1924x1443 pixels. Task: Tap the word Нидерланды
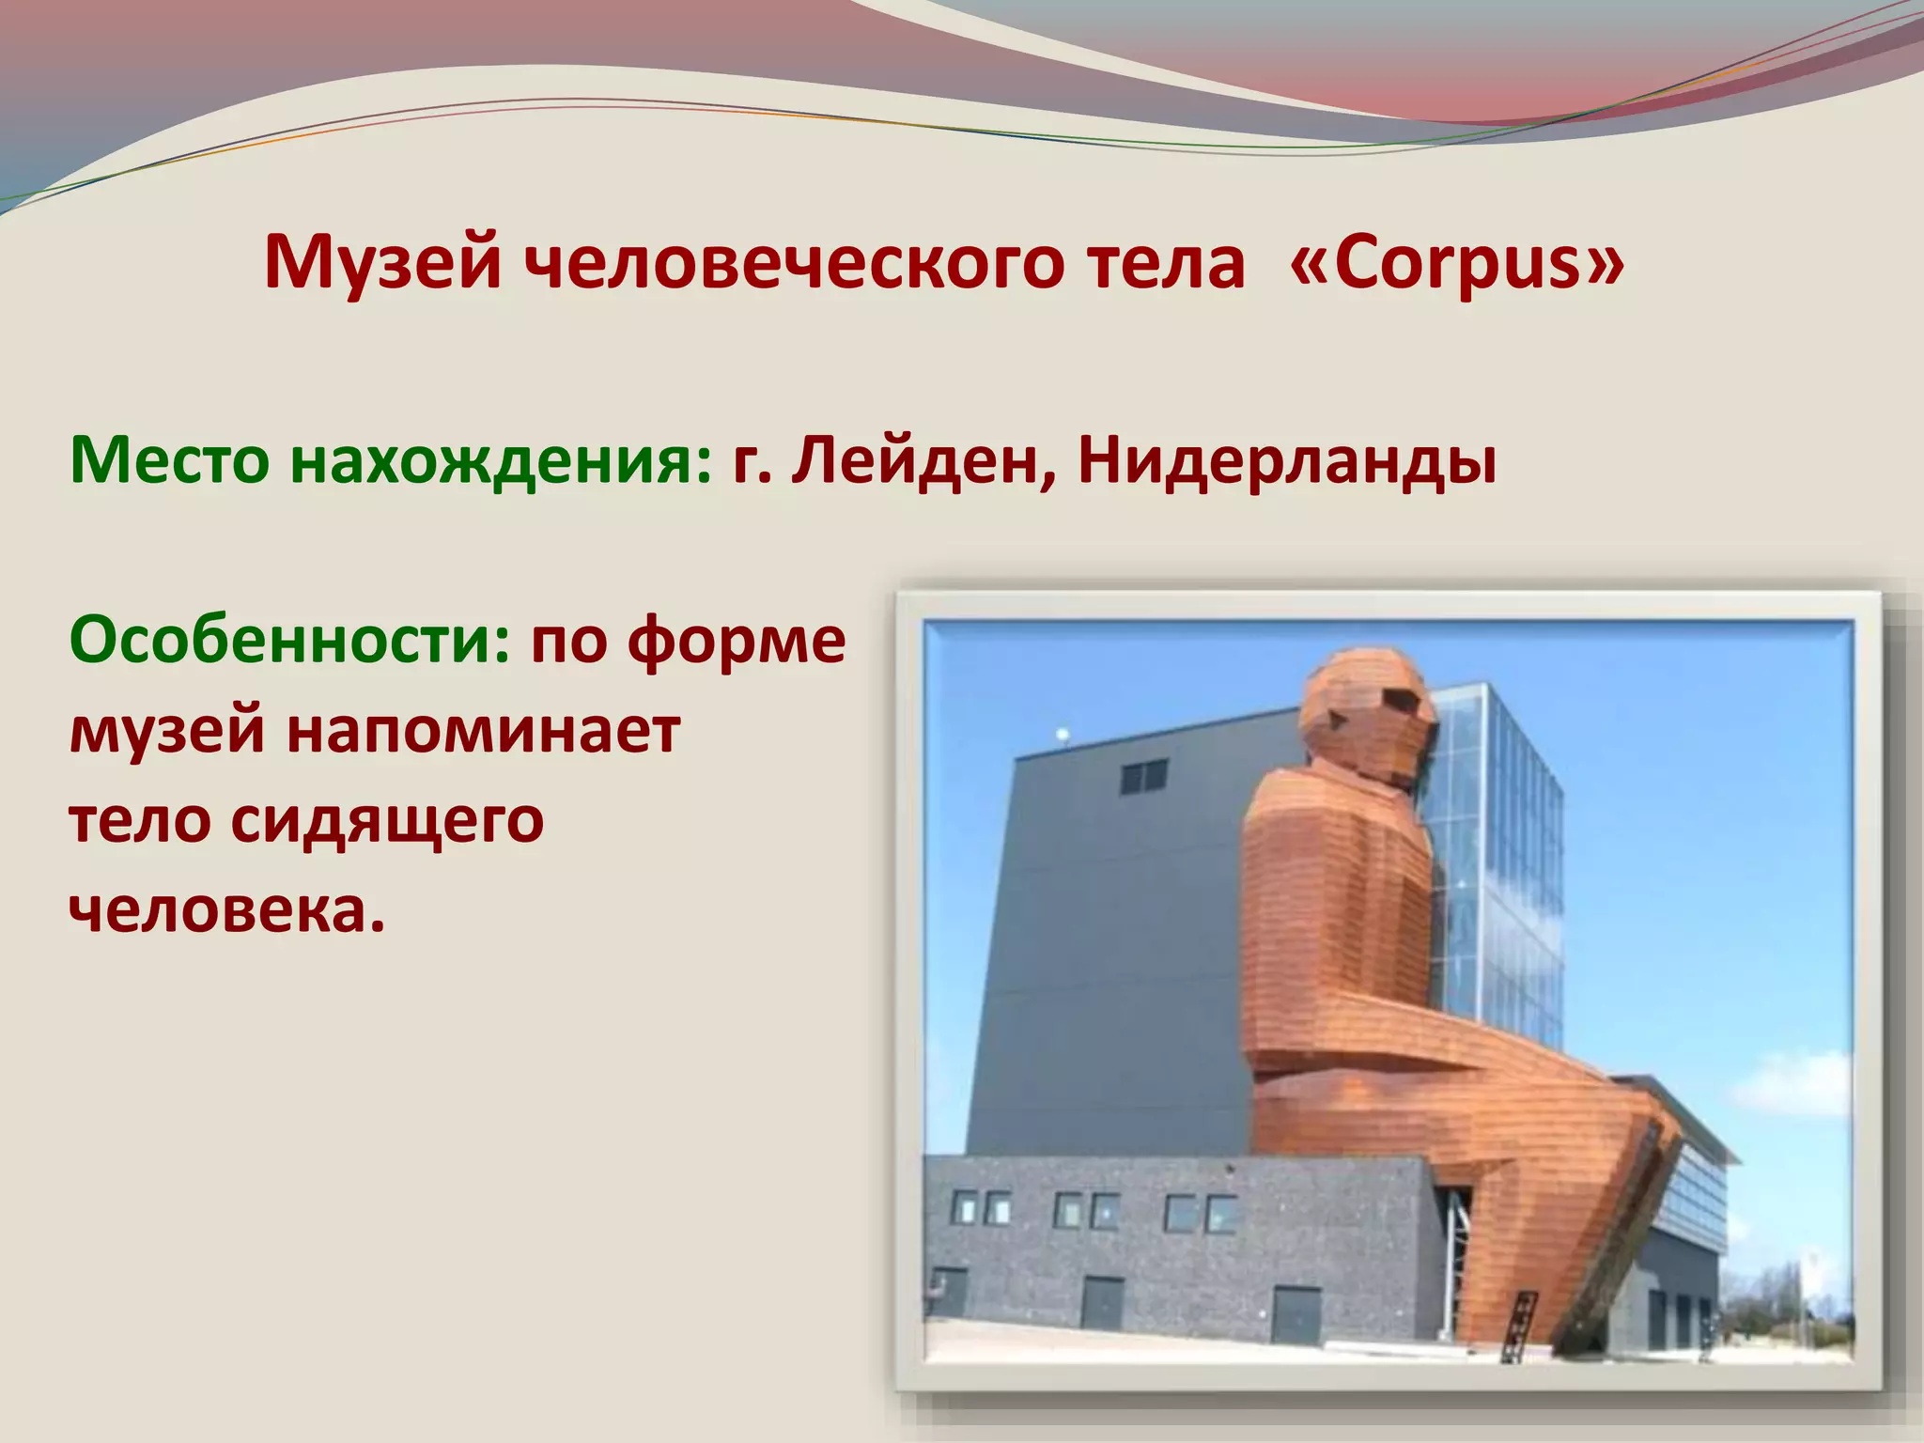click(1287, 460)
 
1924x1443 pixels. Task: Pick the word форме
click(737, 642)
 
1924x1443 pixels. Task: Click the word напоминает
click(483, 730)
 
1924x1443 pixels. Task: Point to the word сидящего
click(387, 820)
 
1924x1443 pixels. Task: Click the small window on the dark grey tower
click(1144, 776)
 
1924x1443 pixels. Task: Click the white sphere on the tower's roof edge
click(1063, 734)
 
